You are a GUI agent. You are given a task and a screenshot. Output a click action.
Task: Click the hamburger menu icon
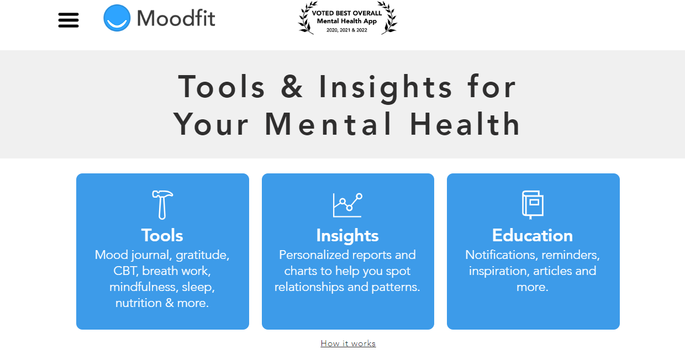click(68, 20)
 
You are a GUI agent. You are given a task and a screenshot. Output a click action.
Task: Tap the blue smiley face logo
click(117, 18)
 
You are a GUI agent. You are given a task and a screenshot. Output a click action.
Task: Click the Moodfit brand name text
click(176, 18)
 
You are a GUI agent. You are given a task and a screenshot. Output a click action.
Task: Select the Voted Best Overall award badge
click(347, 18)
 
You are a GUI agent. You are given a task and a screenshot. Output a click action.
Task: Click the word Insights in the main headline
click(386, 87)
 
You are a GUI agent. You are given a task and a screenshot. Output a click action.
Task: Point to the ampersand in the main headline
click(292, 87)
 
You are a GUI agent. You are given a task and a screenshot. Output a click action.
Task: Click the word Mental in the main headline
click(329, 124)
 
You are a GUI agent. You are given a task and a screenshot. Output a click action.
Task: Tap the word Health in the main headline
click(465, 124)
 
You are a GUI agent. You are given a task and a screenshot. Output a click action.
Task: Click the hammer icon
click(162, 204)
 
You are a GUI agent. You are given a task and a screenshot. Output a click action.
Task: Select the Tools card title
click(162, 235)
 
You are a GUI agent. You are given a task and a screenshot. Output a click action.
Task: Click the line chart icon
click(347, 205)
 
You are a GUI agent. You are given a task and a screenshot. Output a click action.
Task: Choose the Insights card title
click(347, 235)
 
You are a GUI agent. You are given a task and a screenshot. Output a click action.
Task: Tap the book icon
click(533, 204)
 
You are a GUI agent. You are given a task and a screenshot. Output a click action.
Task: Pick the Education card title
click(533, 235)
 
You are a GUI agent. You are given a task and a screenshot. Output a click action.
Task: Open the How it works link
click(348, 343)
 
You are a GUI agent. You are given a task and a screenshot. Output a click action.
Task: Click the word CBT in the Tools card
click(127, 271)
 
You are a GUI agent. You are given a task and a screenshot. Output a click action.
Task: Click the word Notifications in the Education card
click(500, 255)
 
